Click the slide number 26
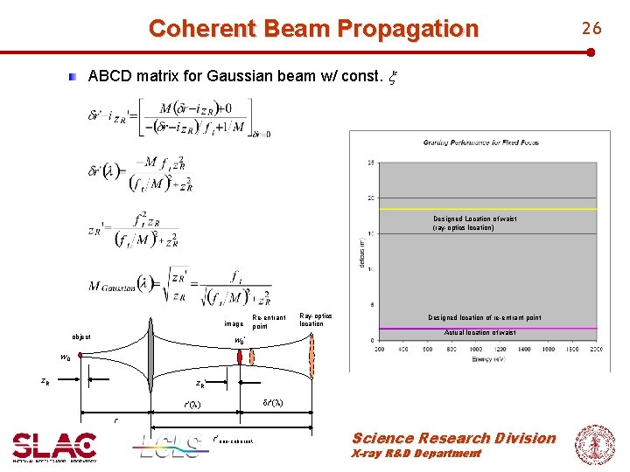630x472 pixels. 592,29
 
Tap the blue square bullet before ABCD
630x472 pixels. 76,77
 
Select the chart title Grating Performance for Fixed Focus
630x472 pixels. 480,142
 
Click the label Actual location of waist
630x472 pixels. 479,333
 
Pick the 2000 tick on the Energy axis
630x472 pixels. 595,349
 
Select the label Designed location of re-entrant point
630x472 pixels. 484,318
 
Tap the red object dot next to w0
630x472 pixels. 80,356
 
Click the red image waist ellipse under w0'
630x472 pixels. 251,356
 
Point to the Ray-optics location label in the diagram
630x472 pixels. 311,319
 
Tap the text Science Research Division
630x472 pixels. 453,438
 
